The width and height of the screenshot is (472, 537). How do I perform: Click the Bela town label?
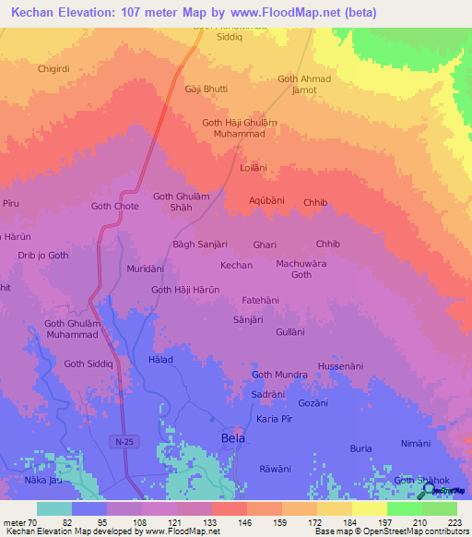233,438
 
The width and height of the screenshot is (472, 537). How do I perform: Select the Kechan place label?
236,265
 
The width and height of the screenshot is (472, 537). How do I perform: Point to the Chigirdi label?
53,68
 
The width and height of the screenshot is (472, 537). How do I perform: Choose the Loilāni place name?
253,168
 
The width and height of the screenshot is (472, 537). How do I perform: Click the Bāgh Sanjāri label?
200,245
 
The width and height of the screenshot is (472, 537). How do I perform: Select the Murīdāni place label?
145,268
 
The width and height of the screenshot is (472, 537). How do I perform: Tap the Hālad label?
159,359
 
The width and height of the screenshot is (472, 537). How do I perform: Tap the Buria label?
360,448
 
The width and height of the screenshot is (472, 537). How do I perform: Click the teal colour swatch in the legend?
53,508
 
